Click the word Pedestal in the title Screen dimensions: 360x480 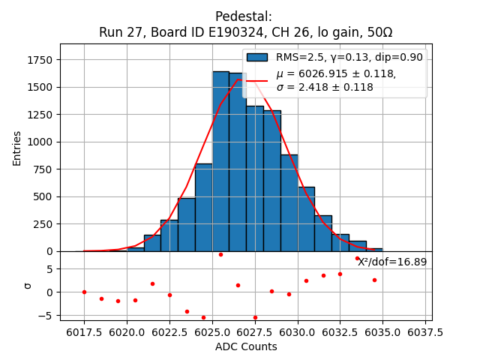point(243,16)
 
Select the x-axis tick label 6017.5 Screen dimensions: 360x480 point(84,331)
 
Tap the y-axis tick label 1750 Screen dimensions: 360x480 point(41,60)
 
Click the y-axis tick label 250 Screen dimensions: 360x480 point(44,224)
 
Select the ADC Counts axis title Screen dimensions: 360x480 point(246,346)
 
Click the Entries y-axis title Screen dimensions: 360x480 point(17,148)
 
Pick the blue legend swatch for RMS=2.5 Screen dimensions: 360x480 point(257,58)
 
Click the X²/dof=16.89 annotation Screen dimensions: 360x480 point(392,262)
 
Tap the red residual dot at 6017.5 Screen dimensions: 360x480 point(84,292)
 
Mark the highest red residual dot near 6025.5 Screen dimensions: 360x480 point(220,254)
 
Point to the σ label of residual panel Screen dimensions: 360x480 point(28,285)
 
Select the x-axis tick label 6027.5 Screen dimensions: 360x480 point(254,331)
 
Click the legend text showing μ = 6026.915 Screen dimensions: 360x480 point(336,73)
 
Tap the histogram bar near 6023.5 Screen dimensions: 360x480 point(186,224)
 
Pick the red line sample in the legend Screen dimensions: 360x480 point(257,80)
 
